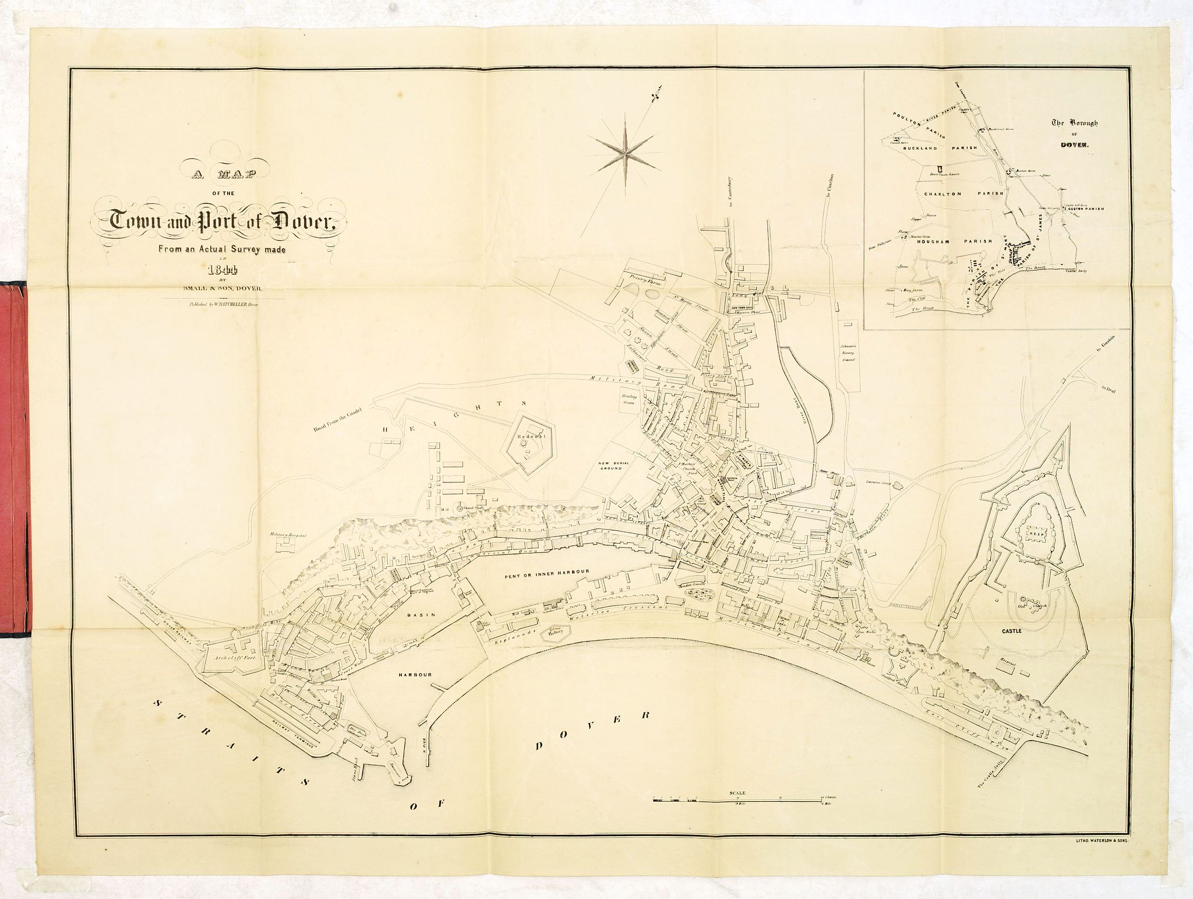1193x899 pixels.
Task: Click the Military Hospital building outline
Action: [x=286, y=545]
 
